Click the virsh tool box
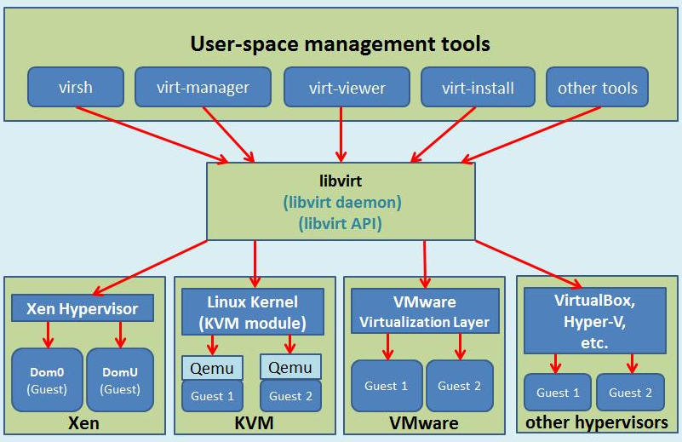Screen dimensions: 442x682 coord(76,88)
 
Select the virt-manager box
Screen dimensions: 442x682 coord(203,88)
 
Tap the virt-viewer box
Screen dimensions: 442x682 coord(346,88)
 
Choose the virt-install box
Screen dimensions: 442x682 coord(479,88)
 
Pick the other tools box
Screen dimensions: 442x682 coord(597,88)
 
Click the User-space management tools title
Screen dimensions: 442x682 coord(341,43)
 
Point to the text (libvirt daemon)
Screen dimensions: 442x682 coord(341,204)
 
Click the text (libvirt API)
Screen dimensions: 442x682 coord(341,224)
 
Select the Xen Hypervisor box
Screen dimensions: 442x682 coord(83,307)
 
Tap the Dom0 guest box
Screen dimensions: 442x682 coord(48,380)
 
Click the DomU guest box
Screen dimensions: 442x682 coord(120,380)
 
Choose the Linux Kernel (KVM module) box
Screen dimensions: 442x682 coord(253,313)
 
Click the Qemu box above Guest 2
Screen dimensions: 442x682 coord(290,367)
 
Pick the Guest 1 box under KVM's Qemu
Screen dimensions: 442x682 coord(212,396)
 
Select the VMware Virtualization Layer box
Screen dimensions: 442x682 coord(424,312)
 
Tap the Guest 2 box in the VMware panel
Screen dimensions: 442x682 coord(460,386)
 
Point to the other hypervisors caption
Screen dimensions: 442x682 coord(596,422)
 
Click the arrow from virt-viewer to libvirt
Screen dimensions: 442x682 coord(341,132)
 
